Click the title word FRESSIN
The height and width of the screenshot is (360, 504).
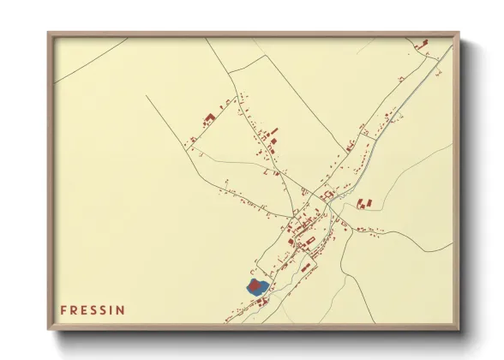pos(93,309)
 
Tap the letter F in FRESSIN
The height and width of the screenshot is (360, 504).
pos(63,309)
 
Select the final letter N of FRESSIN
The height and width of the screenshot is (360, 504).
pos(121,309)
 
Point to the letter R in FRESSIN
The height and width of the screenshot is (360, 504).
pos(74,309)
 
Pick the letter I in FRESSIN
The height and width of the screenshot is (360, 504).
pos(111,309)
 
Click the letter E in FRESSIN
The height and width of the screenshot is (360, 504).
pos(83,309)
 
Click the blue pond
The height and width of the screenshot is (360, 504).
pos(257,287)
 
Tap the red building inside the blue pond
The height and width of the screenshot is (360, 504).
pos(254,283)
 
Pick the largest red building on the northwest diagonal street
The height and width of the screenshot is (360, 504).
pos(206,118)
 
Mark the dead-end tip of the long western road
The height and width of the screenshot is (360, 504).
pos(147,95)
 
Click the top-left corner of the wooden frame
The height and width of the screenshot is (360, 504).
pos(48,33)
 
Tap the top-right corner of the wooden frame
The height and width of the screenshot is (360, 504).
pos(459,33)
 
